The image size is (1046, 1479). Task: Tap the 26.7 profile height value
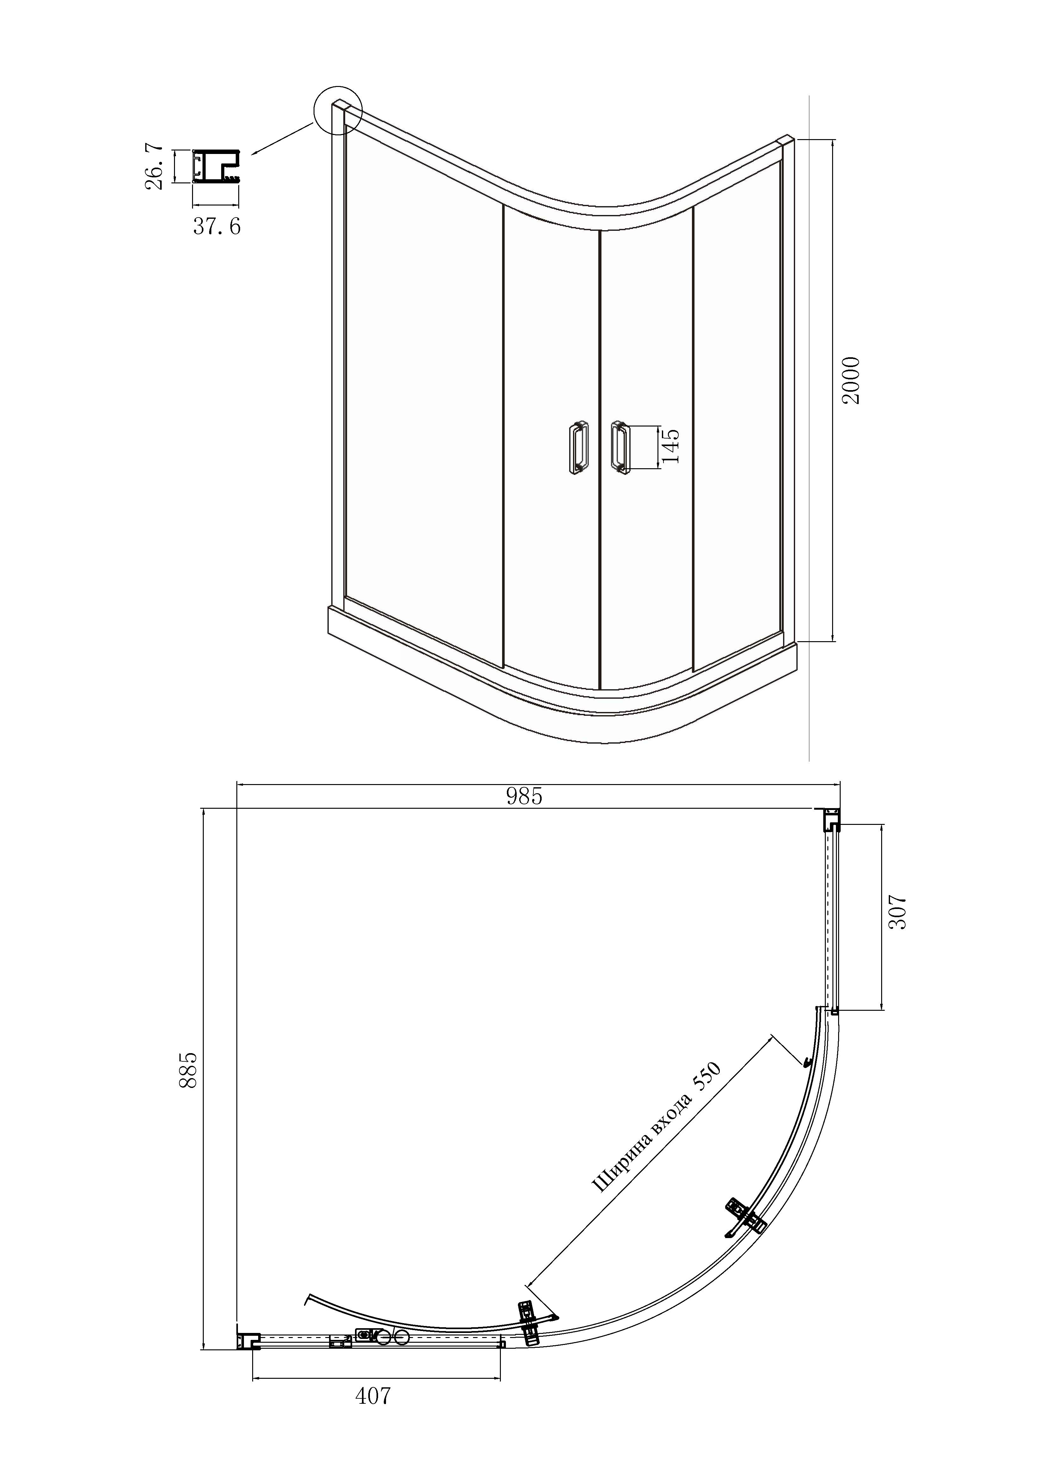point(155,168)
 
